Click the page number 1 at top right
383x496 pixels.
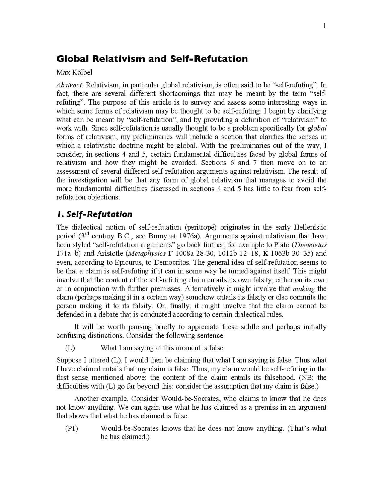324,26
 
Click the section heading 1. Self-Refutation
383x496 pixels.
95,214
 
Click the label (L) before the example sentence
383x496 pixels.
70,348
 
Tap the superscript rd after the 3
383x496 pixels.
87,234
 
